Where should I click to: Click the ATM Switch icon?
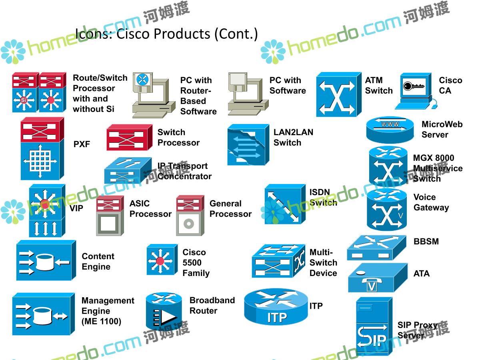pyautogui.click(x=336, y=94)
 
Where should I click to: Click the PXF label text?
pyautogui.click(x=82, y=144)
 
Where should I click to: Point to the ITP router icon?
pyautogui.click(x=276, y=307)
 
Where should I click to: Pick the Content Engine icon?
pyautogui.click(x=46, y=260)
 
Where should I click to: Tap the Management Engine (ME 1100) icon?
pyautogui.click(x=43, y=314)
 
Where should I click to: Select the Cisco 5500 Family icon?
pyautogui.click(x=161, y=260)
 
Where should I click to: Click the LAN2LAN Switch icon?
pyautogui.click(x=248, y=144)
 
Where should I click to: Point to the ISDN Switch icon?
pyautogui.click(x=285, y=204)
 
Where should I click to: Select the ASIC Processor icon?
pyautogui.click(x=110, y=216)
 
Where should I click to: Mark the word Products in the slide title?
pyautogui.click(x=182, y=34)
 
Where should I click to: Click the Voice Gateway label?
pyautogui.click(x=431, y=202)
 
